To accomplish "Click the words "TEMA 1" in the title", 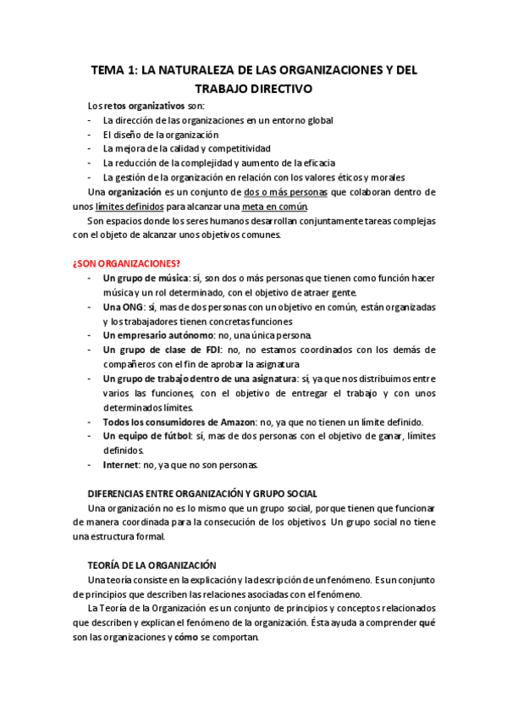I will pyautogui.click(x=113, y=72).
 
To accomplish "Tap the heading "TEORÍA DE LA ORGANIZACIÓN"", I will pyautogui.click(x=152, y=565).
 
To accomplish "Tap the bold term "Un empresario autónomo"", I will pyautogui.click(x=157, y=335).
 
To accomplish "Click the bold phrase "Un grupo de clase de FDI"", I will pyautogui.click(x=158, y=350).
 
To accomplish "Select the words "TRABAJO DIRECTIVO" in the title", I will pyautogui.click(x=253, y=88).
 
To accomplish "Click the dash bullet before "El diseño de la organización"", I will pyautogui.click(x=90, y=134).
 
